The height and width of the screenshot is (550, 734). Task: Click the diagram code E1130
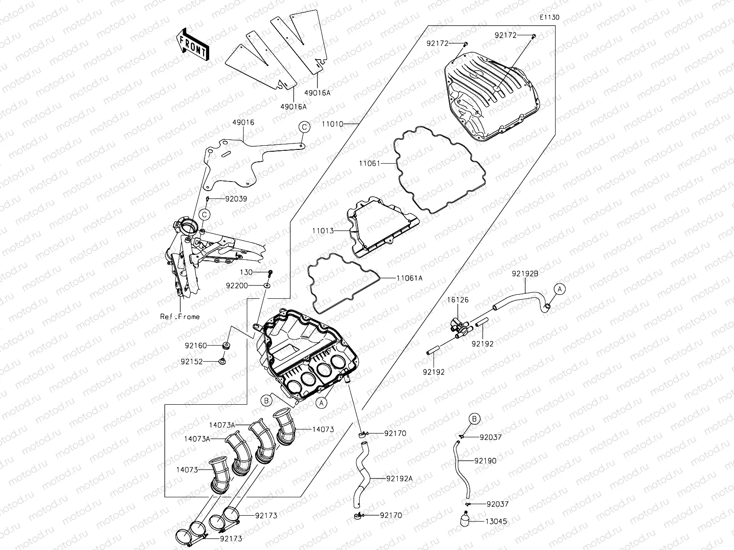click(x=549, y=17)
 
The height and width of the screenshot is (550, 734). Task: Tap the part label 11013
click(x=324, y=231)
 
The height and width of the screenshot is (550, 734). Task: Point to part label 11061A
click(x=410, y=278)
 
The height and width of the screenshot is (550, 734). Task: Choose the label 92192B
click(x=525, y=274)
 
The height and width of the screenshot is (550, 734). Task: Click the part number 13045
click(x=497, y=522)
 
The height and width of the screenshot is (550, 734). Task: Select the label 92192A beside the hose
click(x=399, y=478)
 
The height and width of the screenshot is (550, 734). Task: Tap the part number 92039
click(x=236, y=199)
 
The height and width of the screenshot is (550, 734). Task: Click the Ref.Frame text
click(x=180, y=316)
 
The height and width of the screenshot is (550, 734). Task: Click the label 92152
click(x=191, y=362)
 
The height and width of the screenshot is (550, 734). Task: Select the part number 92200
click(x=237, y=285)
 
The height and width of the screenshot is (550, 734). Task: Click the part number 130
click(x=246, y=272)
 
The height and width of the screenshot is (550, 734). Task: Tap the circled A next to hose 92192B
click(x=559, y=289)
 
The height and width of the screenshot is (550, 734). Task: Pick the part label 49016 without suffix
click(x=243, y=123)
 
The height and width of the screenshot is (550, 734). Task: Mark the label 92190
click(x=485, y=461)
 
